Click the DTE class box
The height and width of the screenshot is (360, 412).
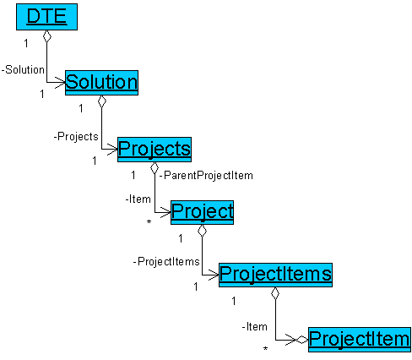coord(46,17)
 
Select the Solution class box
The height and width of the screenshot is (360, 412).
coord(101,83)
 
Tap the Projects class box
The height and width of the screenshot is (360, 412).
coord(154,150)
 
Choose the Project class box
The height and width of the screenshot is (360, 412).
coord(202,212)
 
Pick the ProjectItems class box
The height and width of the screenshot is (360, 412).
coord(275,275)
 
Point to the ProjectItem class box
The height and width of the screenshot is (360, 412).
coord(360,340)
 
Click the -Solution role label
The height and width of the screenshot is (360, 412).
coord(23,69)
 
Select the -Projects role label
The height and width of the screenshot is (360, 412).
coord(76,137)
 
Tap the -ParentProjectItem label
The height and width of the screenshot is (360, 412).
coord(206,176)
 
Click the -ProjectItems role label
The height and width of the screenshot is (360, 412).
coord(166,262)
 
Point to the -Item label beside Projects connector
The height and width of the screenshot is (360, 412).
coord(138,199)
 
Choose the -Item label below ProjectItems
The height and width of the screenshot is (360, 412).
coord(255,327)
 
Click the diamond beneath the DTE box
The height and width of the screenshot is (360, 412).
coord(47,36)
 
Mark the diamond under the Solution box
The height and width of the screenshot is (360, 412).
coord(102,101)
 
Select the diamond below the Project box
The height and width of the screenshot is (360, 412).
coord(202,231)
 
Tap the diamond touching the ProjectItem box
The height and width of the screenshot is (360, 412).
coord(302,340)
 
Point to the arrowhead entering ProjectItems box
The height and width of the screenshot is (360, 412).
coord(214,275)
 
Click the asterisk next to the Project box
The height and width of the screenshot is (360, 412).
coord(149,222)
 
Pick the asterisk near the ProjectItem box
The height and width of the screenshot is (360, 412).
coord(265,349)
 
